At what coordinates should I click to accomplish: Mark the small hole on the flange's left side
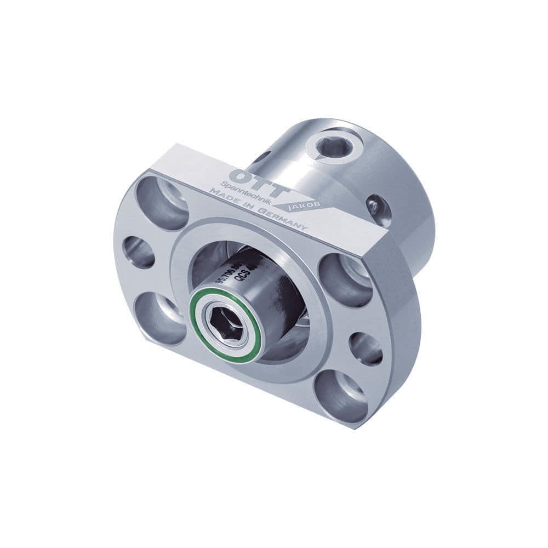tap(136, 252)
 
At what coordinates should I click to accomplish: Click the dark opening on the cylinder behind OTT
tap(262, 157)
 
